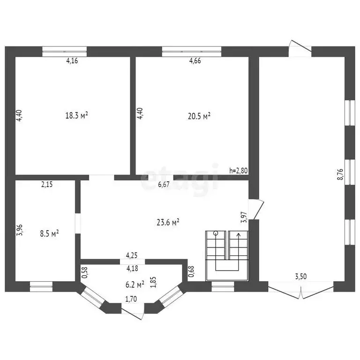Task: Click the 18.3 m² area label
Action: tap(77, 115)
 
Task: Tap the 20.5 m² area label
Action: tap(199, 116)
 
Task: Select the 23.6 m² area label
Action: tap(168, 222)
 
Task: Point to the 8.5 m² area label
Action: tap(49, 234)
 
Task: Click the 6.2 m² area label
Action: tap(135, 285)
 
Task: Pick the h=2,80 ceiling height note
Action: tap(239, 171)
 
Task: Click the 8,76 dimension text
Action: tap(340, 174)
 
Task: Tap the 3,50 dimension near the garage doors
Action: tap(301, 277)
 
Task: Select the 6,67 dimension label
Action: tap(164, 185)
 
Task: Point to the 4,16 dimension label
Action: tap(72, 60)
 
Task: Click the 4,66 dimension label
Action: tap(195, 60)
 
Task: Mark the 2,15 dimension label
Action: tap(47, 184)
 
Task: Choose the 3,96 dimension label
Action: tap(20, 230)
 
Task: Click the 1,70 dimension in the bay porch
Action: tap(131, 299)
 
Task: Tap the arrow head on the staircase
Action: tap(239, 235)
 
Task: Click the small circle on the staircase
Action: tap(216, 233)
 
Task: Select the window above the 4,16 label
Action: tap(65, 52)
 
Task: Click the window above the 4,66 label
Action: tap(192, 52)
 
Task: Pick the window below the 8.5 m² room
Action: tap(41, 286)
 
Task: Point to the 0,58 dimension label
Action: tap(84, 272)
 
